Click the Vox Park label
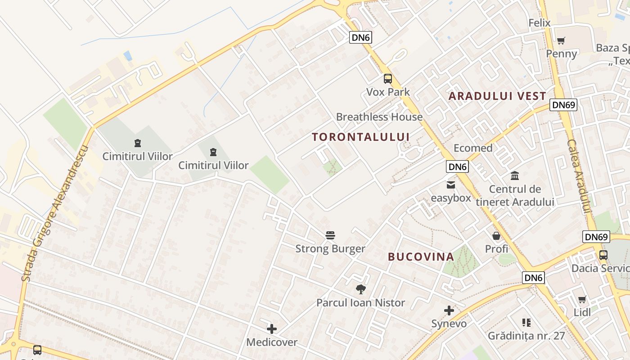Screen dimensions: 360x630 click(388, 92)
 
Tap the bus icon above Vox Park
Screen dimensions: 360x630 click(388, 79)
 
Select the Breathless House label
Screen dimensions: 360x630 click(379, 117)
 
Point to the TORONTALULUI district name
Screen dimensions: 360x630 click(361, 137)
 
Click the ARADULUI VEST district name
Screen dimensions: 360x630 click(497, 96)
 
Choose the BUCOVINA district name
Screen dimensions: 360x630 click(421, 257)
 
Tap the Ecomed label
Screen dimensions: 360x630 click(473, 148)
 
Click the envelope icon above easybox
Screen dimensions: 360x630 click(450, 184)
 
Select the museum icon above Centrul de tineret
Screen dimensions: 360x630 click(515, 175)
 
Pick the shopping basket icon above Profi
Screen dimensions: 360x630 click(496, 235)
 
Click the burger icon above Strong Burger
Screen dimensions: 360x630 click(330, 235)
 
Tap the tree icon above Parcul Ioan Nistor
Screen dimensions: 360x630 click(360, 289)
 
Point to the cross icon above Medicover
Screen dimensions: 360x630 click(272, 328)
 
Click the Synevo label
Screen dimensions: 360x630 click(449, 324)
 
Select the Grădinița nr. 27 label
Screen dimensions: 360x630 click(526, 336)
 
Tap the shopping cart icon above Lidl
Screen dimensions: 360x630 click(582, 299)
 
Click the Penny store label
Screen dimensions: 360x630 click(561, 54)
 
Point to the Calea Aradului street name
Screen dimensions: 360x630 click(579, 176)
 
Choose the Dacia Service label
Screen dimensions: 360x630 click(600, 269)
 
